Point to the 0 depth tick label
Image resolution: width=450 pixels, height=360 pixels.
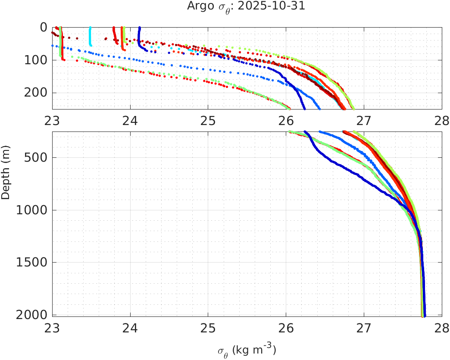click(43, 27)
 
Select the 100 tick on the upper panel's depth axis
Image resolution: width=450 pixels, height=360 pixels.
click(37, 60)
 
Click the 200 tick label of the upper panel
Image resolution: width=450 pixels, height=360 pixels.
click(37, 93)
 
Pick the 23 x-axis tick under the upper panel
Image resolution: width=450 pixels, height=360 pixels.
click(53, 119)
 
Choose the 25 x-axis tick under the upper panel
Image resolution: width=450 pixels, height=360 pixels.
click(208, 119)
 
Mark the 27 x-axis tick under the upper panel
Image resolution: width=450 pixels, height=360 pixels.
click(364, 119)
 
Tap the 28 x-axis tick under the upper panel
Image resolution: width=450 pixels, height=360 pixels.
click(441, 119)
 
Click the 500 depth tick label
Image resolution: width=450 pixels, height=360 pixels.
click(37, 157)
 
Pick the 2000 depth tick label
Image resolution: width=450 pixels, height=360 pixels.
click(34, 315)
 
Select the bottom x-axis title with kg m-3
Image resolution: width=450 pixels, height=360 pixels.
click(247, 349)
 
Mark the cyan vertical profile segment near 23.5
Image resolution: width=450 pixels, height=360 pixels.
click(90, 36)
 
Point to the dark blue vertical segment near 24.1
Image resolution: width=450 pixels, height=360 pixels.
click(139, 34)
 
